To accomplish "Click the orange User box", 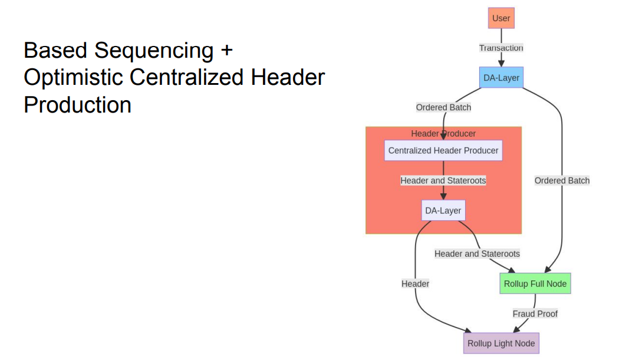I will (x=501, y=18).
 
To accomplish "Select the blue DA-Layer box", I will (x=501, y=78).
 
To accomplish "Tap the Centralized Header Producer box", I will (x=443, y=151).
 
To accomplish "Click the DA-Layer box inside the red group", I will (x=443, y=211).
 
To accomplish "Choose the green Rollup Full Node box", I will (x=535, y=284).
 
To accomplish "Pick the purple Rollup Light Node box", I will (x=501, y=344).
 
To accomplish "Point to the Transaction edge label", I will (x=501, y=48).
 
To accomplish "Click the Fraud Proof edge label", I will (x=535, y=314).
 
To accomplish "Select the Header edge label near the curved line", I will (x=415, y=284).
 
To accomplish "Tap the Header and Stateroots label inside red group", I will (x=443, y=181).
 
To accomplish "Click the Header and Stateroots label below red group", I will (x=477, y=254).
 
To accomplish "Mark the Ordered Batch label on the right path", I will (x=562, y=181).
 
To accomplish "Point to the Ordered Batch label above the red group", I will (x=443, y=107).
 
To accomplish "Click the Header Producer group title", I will (x=443, y=134).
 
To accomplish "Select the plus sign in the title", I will (x=226, y=51).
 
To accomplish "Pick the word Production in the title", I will (x=77, y=105).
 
